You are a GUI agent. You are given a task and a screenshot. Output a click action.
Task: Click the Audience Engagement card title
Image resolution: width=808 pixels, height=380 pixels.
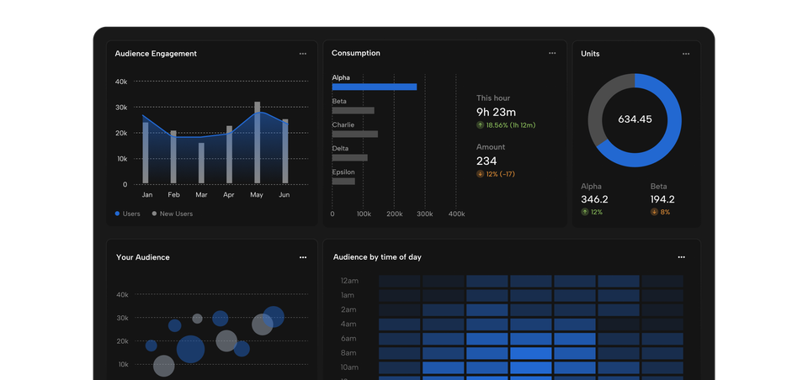pyautogui.click(x=156, y=54)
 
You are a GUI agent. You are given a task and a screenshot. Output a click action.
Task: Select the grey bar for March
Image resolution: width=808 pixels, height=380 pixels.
pyautogui.click(x=201, y=163)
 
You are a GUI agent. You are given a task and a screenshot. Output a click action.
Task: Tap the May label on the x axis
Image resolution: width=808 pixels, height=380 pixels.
pyautogui.click(x=257, y=195)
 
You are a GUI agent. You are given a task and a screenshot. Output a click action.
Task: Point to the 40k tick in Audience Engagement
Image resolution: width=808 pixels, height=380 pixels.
pyautogui.click(x=121, y=82)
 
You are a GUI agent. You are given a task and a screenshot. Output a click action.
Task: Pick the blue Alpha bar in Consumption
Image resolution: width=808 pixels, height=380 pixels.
pyautogui.click(x=374, y=87)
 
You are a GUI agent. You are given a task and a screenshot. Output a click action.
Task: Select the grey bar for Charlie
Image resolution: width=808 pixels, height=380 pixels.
pyautogui.click(x=354, y=134)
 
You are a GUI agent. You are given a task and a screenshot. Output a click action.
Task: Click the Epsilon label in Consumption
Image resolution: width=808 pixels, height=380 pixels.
pyautogui.click(x=343, y=172)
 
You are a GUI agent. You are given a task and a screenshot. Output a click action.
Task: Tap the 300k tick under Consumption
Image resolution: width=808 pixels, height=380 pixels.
pyautogui.click(x=425, y=214)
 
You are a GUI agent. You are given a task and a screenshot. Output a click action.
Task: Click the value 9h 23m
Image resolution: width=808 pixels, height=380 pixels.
pyautogui.click(x=496, y=112)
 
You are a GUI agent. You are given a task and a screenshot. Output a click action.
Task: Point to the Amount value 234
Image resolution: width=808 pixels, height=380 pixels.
pyautogui.click(x=486, y=161)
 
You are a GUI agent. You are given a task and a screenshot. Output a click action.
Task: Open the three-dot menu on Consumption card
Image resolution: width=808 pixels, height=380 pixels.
pyautogui.click(x=552, y=53)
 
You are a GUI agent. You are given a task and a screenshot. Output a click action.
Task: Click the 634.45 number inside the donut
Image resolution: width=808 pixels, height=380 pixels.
pyautogui.click(x=635, y=119)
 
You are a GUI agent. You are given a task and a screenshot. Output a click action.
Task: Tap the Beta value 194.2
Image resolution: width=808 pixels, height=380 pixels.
pyautogui.click(x=662, y=199)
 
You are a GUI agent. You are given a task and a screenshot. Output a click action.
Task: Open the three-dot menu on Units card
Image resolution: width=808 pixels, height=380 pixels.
pyautogui.click(x=686, y=54)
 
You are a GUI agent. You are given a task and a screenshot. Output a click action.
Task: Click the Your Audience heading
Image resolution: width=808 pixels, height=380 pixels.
pyautogui.click(x=142, y=257)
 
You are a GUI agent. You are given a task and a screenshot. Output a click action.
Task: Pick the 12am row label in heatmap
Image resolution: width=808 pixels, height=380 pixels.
pyautogui.click(x=348, y=281)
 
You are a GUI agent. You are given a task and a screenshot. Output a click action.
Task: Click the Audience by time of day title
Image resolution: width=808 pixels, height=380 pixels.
pyautogui.click(x=377, y=256)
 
